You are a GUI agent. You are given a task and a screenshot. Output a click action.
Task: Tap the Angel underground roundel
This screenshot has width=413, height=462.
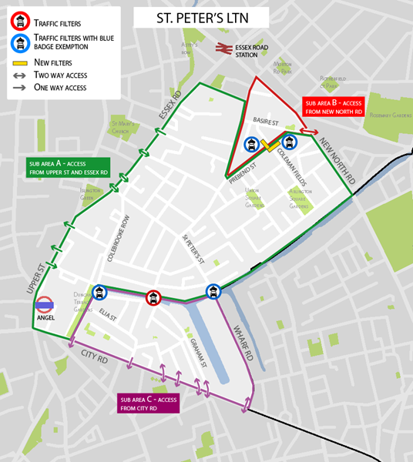44,305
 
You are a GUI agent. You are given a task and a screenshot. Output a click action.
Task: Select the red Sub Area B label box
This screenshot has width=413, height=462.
332,106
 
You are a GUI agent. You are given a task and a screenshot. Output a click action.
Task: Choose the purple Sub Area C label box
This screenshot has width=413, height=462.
148,403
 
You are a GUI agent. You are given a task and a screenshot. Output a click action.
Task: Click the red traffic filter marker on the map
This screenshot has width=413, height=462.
153,297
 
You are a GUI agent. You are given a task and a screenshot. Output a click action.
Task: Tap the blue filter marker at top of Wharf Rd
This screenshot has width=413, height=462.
213,291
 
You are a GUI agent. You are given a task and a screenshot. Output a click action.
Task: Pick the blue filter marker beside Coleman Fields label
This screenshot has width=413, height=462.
289,142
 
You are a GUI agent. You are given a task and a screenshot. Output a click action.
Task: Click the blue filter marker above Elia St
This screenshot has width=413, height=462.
100,292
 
